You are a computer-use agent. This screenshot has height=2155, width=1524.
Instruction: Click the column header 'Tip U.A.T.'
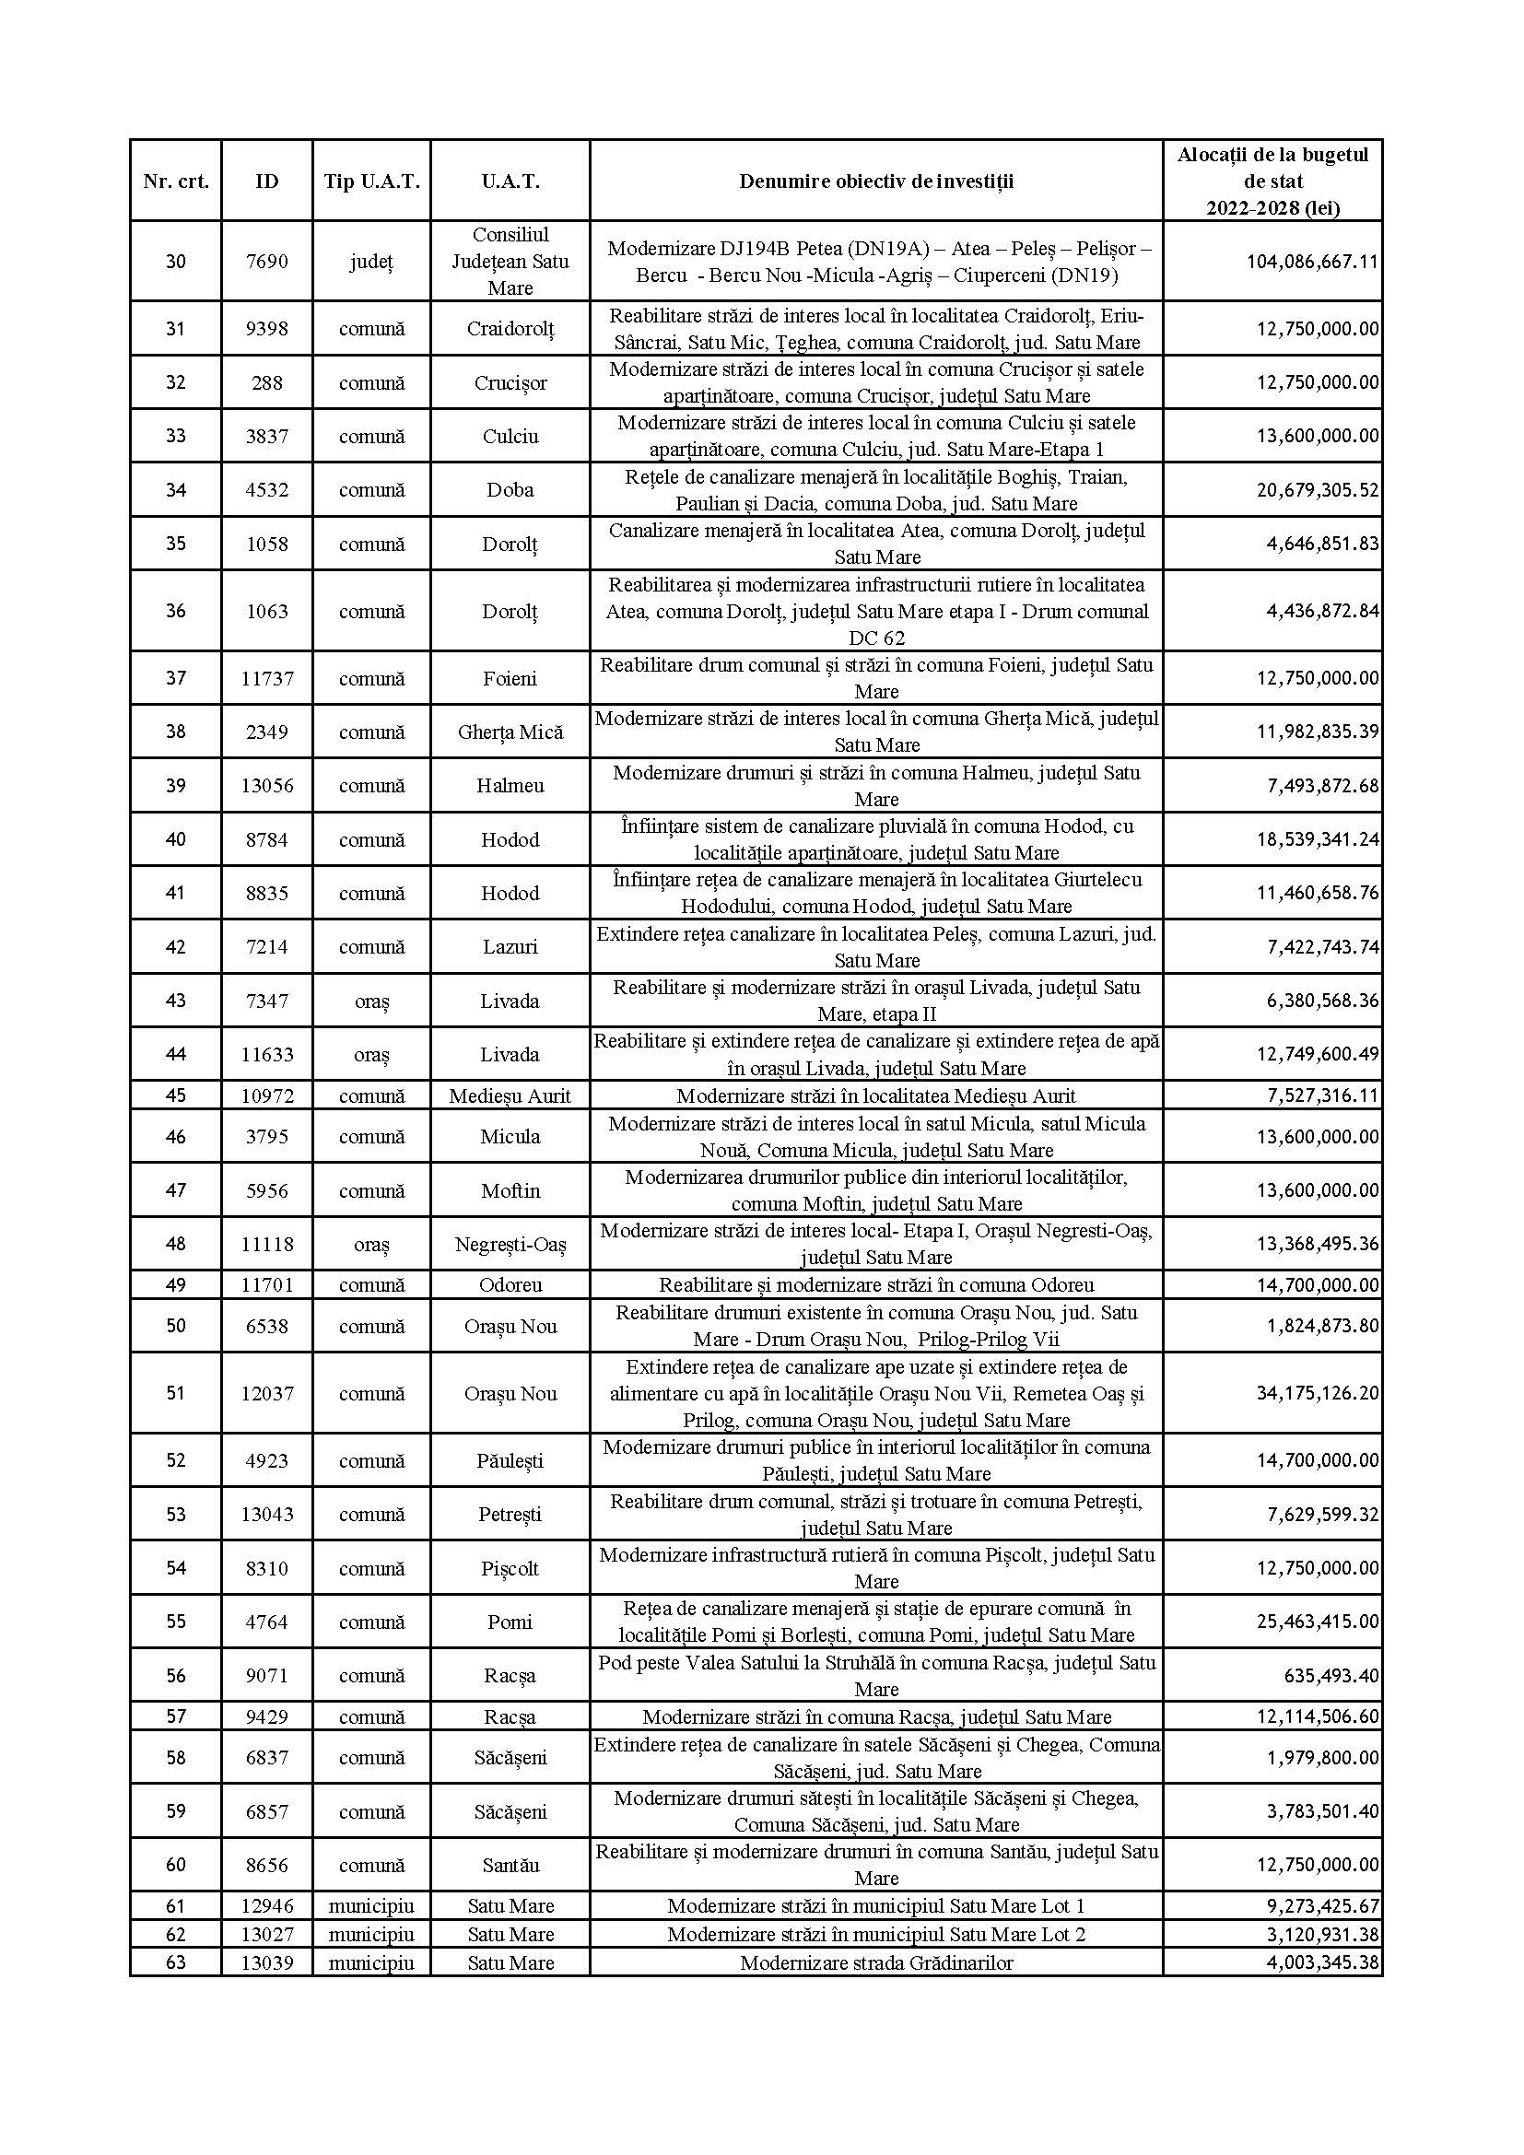pyautogui.click(x=371, y=182)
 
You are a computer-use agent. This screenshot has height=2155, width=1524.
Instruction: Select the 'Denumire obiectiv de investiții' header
pyautogui.click(x=875, y=182)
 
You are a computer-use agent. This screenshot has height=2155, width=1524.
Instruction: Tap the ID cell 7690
pyautogui.click(x=267, y=261)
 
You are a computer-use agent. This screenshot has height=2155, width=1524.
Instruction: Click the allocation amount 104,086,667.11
pyautogui.click(x=1312, y=262)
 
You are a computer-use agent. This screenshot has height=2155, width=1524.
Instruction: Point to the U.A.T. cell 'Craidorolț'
pyautogui.click(x=510, y=329)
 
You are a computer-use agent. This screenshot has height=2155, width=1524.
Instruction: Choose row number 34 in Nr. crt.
pyautogui.click(x=175, y=489)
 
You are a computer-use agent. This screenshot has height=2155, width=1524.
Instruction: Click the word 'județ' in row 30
pyautogui.click(x=371, y=261)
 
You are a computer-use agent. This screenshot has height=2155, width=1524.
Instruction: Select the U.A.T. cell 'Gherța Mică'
pyautogui.click(x=510, y=732)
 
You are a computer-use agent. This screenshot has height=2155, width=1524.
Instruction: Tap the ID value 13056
pyautogui.click(x=267, y=786)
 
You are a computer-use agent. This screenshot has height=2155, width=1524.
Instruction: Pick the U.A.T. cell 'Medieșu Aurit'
pyautogui.click(x=510, y=1095)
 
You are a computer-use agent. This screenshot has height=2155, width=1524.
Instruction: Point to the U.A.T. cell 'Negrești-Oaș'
pyautogui.click(x=510, y=1244)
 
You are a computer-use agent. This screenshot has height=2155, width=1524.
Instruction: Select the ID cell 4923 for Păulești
pyautogui.click(x=267, y=1460)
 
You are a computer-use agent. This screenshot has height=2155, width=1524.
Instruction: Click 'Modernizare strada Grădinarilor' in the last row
pyautogui.click(x=875, y=1962)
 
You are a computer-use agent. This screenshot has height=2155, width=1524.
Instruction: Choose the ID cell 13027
pyautogui.click(x=267, y=1934)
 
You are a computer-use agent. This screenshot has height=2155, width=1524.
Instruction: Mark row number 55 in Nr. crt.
pyautogui.click(x=175, y=1621)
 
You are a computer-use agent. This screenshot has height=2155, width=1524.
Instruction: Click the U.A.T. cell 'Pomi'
pyautogui.click(x=510, y=1622)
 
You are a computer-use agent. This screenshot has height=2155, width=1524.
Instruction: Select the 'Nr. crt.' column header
pyautogui.click(x=175, y=182)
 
